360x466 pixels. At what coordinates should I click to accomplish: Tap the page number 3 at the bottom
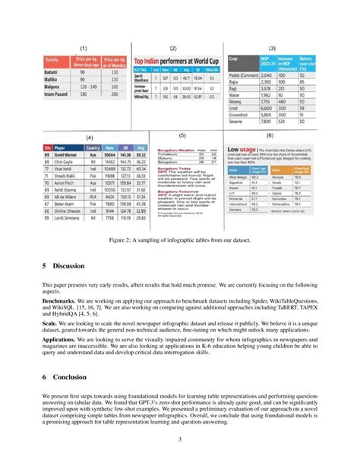(x=180, y=439)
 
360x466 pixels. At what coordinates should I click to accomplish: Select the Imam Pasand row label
(x=60, y=94)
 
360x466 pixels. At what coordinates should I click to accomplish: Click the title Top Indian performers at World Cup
(x=175, y=59)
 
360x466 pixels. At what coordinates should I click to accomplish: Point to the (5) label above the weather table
(x=182, y=134)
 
